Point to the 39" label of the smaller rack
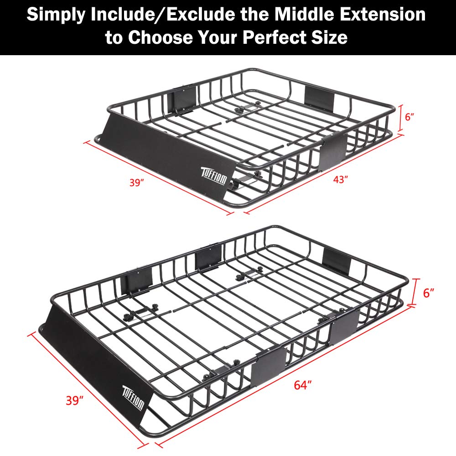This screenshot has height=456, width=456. pyautogui.click(x=136, y=183)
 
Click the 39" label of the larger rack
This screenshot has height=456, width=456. pyautogui.click(x=75, y=401)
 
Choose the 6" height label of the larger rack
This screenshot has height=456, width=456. pyautogui.click(x=427, y=293)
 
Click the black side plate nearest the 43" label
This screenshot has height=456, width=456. pyautogui.click(x=332, y=149)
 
